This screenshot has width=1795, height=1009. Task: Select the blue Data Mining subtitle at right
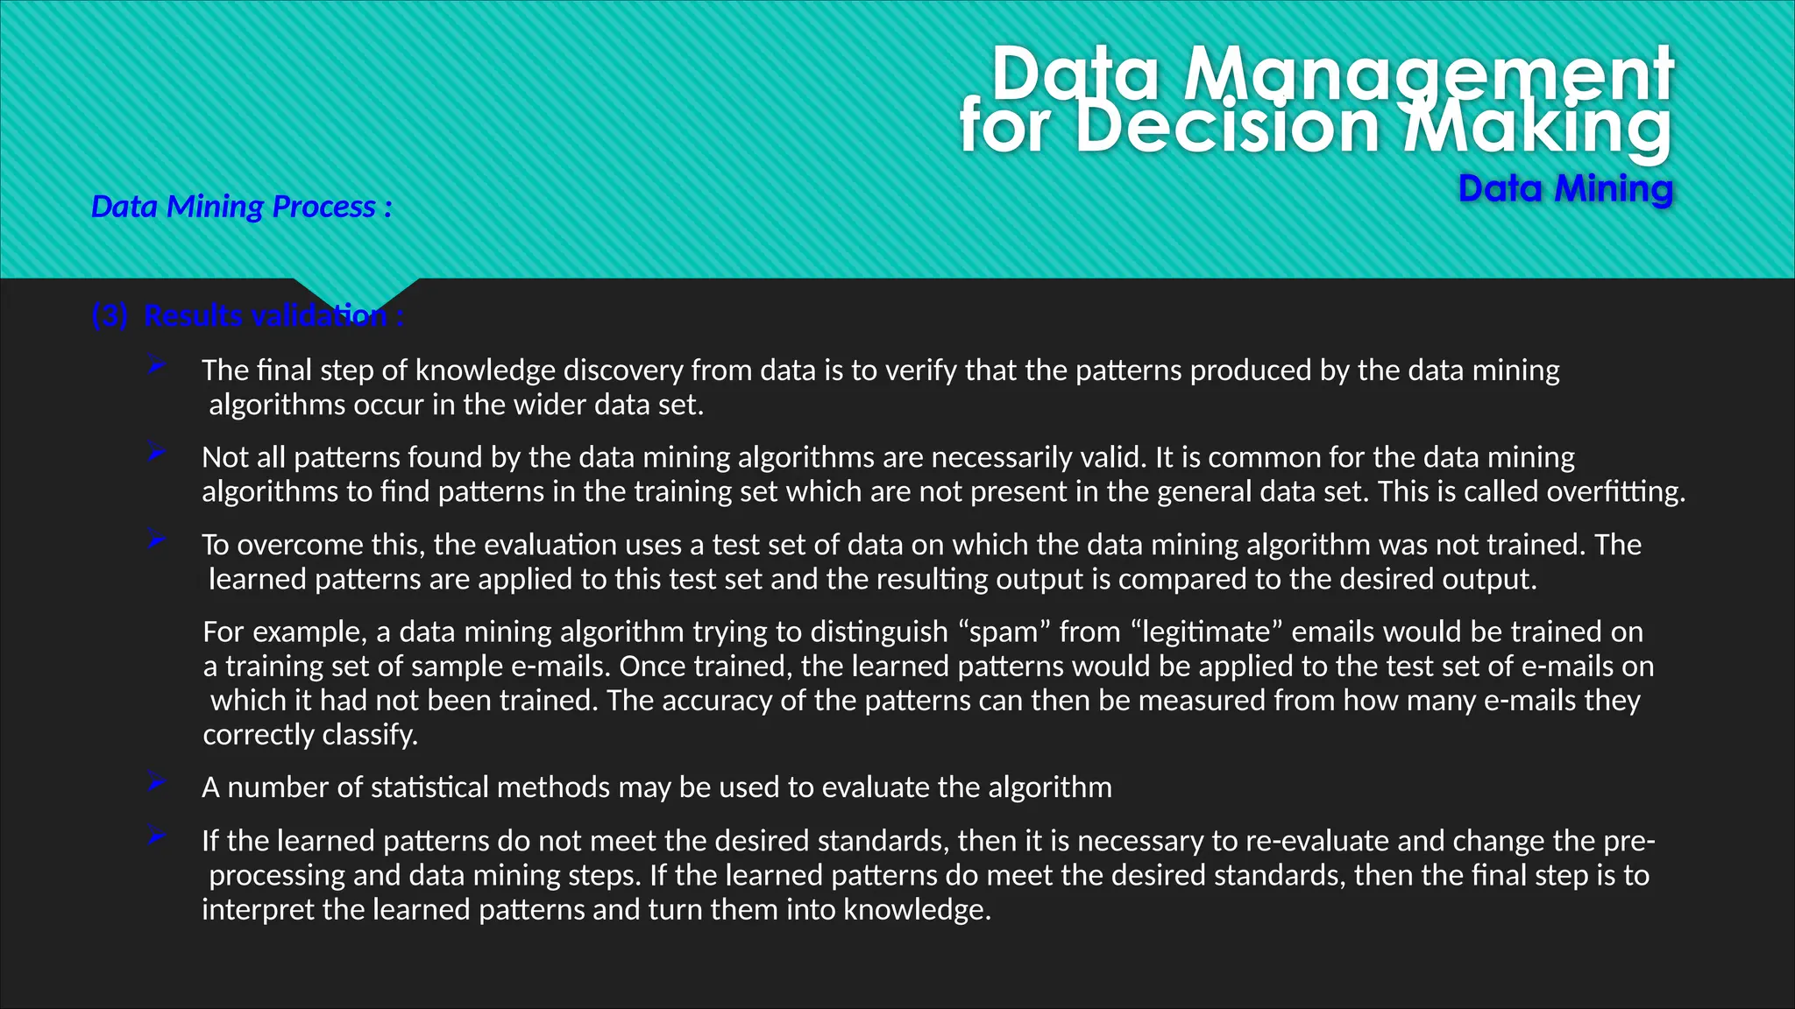pos(1565,188)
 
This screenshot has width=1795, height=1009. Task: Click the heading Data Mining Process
pos(241,207)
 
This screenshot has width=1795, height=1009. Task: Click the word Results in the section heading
pos(199,315)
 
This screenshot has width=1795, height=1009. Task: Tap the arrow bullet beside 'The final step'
pos(157,365)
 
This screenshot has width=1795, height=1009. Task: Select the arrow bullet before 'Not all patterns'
pos(157,453)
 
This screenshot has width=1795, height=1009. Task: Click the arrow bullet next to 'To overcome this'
pos(157,540)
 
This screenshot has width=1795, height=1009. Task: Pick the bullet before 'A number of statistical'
pos(157,782)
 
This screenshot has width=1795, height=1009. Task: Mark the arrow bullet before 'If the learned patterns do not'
pos(157,836)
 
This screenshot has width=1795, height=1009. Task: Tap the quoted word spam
pos(1004,632)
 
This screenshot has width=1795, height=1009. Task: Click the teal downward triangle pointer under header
pos(356,295)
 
